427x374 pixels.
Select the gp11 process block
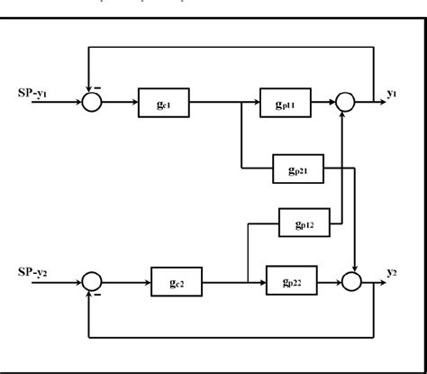point(286,104)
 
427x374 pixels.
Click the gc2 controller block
point(176,283)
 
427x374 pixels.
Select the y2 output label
point(394,271)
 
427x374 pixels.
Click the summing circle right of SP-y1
point(92,104)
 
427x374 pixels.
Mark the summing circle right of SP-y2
point(92,283)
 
